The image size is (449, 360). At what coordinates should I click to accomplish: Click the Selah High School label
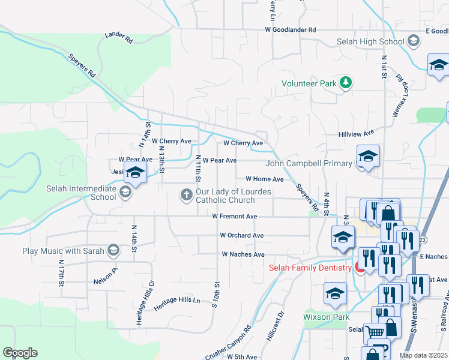[x=370, y=41]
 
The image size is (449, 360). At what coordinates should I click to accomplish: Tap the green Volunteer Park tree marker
[x=345, y=83]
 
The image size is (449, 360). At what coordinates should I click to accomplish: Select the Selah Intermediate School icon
[x=125, y=193]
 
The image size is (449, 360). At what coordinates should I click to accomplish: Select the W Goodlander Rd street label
[x=291, y=29]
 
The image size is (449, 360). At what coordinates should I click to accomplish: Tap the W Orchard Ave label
[x=242, y=235]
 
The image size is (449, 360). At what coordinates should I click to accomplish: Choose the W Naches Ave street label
[x=243, y=254]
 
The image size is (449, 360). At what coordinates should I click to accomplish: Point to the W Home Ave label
[x=264, y=179]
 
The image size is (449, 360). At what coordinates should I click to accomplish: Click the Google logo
[x=20, y=353]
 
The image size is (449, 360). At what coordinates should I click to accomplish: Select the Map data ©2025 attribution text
[x=423, y=355]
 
